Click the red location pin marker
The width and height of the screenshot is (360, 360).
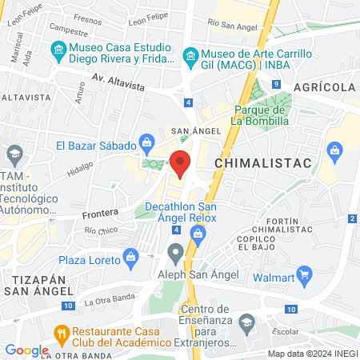tap(181, 162)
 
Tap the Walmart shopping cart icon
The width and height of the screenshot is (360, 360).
tap(304, 276)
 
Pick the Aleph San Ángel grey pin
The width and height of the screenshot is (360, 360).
tap(176, 254)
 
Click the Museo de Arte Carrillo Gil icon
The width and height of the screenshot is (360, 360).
tap(190, 54)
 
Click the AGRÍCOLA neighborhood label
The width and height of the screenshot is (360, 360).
tap(325, 86)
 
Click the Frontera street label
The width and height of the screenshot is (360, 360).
tap(100, 214)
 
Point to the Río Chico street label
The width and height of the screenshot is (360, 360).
tap(101, 231)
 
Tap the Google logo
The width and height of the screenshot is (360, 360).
tap(26, 350)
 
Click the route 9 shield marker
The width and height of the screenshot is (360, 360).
tap(275, 84)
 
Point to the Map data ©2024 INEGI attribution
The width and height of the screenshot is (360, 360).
tap(311, 354)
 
